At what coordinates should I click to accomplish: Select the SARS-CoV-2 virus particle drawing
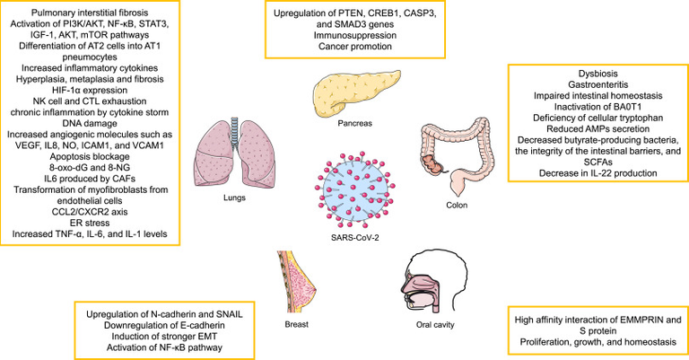click(x=355, y=189)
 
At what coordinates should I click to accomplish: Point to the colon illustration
click(x=457, y=154)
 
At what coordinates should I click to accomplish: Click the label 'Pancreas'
click(x=355, y=124)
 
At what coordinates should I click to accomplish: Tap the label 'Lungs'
click(x=234, y=198)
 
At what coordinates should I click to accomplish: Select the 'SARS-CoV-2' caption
click(x=355, y=238)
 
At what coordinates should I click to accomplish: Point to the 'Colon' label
click(x=457, y=205)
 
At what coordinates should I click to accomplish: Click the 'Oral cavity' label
click(x=435, y=325)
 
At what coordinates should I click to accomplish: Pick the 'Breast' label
click(x=297, y=324)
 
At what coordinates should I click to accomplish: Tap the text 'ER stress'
click(x=90, y=223)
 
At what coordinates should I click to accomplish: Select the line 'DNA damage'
click(x=90, y=123)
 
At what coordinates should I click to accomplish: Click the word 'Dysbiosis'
click(x=598, y=74)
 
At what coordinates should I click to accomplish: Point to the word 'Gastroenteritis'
click(x=598, y=84)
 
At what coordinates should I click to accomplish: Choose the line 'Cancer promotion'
click(x=355, y=46)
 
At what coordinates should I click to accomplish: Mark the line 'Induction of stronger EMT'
click(x=164, y=337)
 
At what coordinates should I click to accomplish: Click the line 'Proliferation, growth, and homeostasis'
click(x=598, y=341)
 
